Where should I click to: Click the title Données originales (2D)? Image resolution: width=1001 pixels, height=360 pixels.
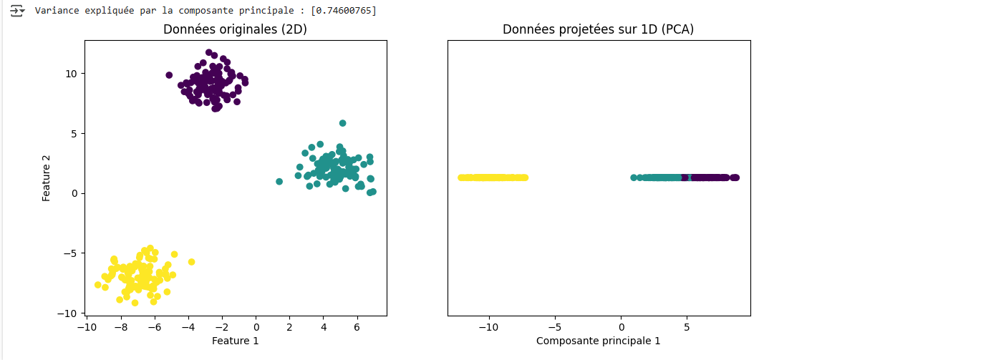pos(235,29)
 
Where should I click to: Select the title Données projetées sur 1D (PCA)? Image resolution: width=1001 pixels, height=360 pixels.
pos(598,29)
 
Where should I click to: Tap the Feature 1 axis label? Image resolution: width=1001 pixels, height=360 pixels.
pos(235,341)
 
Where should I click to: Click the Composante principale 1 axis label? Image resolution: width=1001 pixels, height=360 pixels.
pos(598,341)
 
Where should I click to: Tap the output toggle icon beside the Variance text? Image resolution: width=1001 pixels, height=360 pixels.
pos(17,11)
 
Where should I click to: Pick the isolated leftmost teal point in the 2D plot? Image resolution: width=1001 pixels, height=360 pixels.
pos(279,182)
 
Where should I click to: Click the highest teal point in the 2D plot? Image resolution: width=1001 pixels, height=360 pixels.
pos(343,123)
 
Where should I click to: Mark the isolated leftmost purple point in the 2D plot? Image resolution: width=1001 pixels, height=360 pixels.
pos(169,75)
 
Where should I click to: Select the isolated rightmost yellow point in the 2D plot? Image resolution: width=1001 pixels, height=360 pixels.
pos(191,262)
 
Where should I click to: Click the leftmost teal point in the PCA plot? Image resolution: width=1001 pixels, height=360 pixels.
pos(634,177)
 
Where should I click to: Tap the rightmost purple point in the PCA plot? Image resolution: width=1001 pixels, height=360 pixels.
pos(735,177)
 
